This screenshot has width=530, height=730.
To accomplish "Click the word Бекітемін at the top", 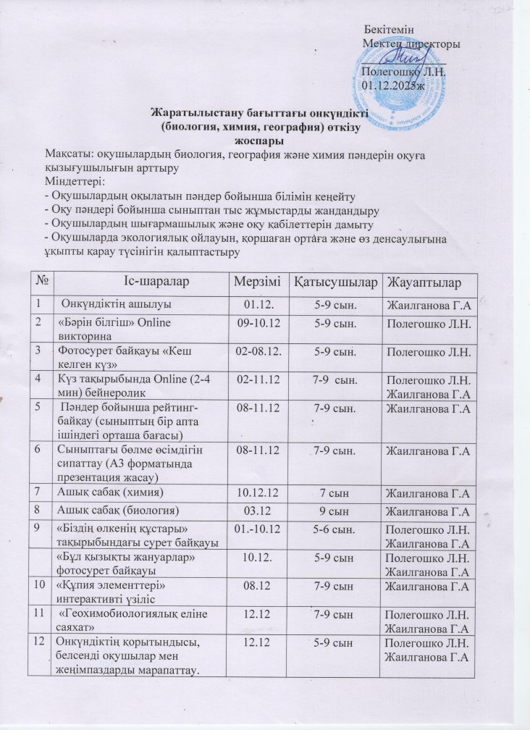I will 390,30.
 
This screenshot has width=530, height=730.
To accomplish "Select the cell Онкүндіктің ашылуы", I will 115,303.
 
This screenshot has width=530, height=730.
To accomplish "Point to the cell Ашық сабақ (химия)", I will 109,492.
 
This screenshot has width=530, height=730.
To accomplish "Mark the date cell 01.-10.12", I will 257,530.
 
